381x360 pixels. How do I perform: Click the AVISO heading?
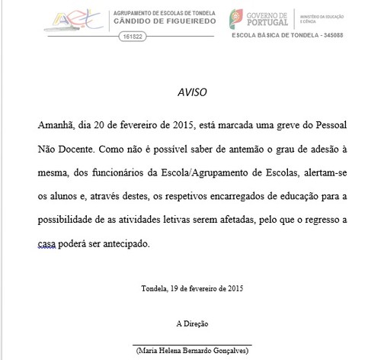(x=190, y=93)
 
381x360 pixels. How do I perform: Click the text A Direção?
(x=190, y=323)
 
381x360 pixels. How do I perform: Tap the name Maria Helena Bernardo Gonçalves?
(x=191, y=351)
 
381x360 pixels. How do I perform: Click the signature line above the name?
(x=190, y=343)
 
